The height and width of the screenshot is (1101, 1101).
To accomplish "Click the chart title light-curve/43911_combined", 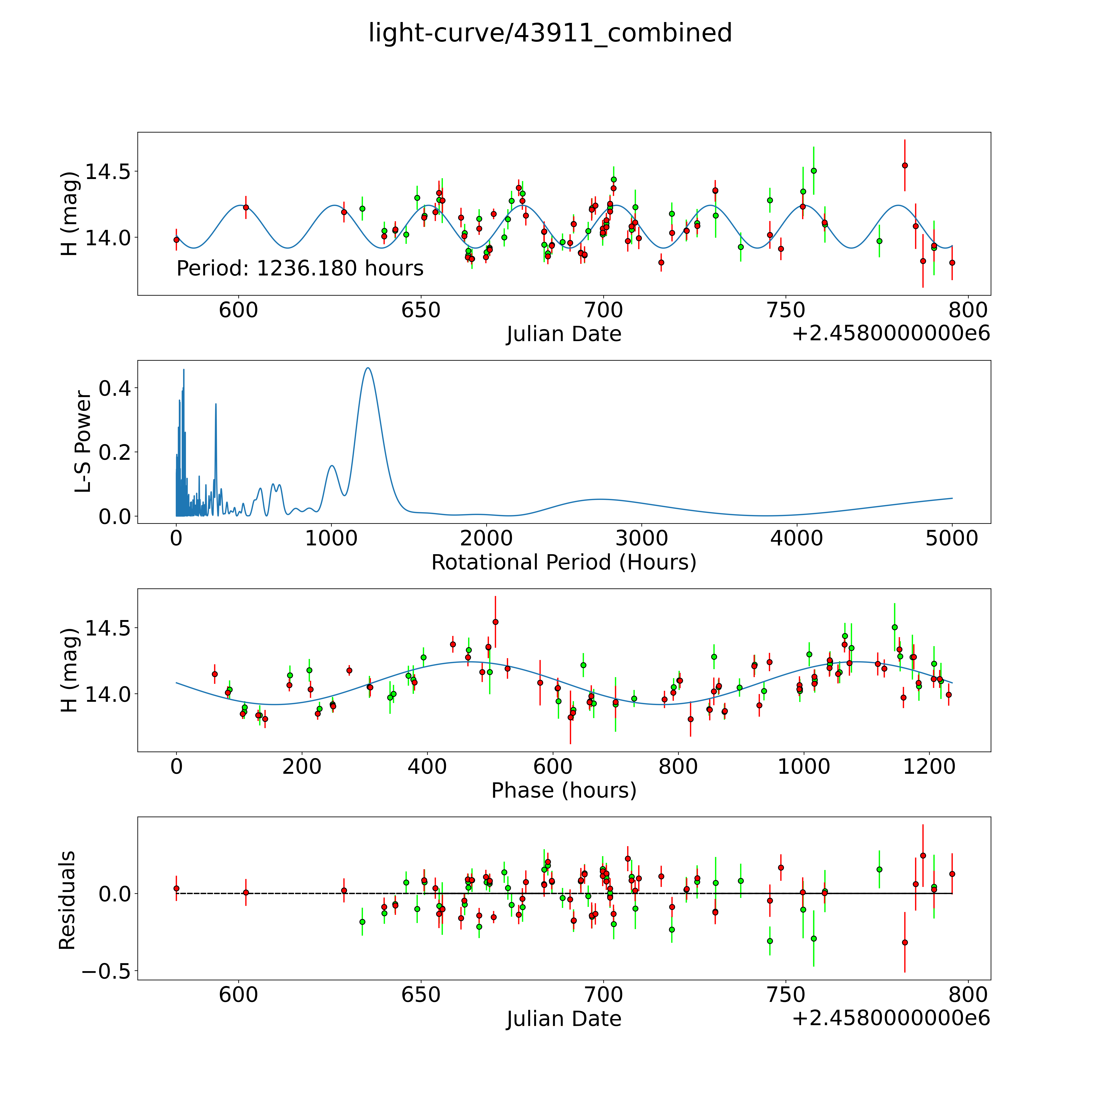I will (x=550, y=33).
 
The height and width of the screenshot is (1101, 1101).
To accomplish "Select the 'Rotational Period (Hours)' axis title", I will (x=564, y=563).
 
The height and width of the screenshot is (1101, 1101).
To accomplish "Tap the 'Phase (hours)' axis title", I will (x=564, y=790).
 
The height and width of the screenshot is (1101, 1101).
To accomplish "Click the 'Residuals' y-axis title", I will (x=67, y=900).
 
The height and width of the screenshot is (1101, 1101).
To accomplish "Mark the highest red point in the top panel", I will (x=904, y=165).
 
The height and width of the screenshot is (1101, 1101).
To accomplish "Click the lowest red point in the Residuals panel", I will (x=904, y=943).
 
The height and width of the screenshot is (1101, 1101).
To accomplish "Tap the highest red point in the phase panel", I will (x=495, y=622).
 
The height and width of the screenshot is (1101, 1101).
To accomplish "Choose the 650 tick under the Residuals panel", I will (x=421, y=995).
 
